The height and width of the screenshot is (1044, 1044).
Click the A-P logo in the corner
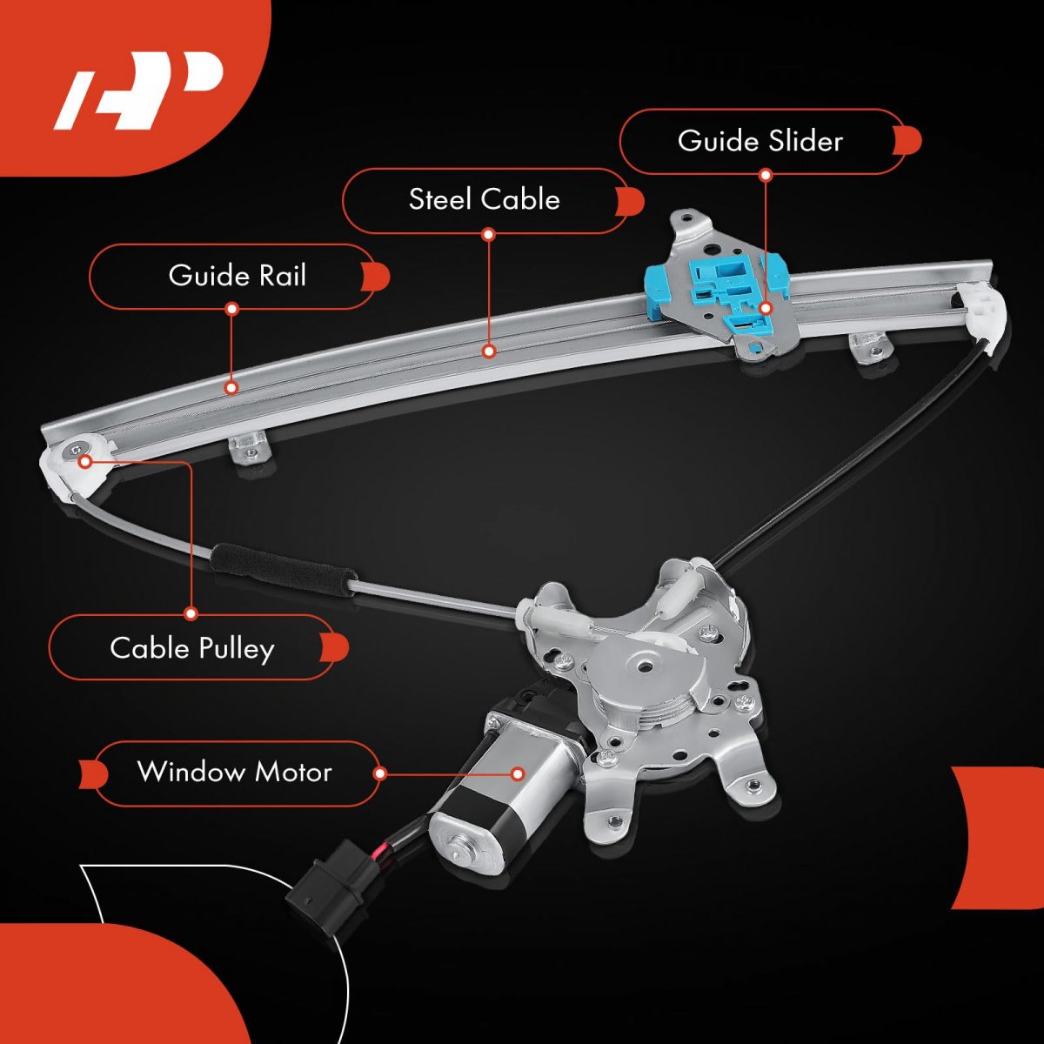[139, 90]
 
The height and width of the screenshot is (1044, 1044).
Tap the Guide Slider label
[760, 141]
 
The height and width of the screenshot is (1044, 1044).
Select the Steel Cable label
[484, 199]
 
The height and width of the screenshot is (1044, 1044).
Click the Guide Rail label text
[237, 276]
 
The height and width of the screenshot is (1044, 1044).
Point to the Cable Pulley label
[191, 648]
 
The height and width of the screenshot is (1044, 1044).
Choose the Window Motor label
[234, 773]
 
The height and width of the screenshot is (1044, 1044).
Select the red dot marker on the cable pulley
[85, 461]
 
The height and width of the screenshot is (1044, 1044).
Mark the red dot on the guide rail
[231, 387]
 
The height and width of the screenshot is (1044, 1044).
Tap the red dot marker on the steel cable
[489, 351]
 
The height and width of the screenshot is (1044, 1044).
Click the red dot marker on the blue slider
[766, 307]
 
